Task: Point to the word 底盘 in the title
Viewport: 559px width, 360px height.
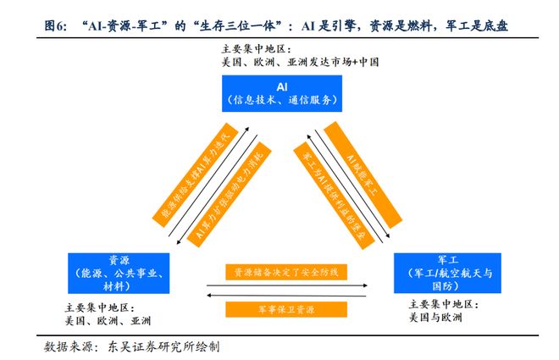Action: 498,27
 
